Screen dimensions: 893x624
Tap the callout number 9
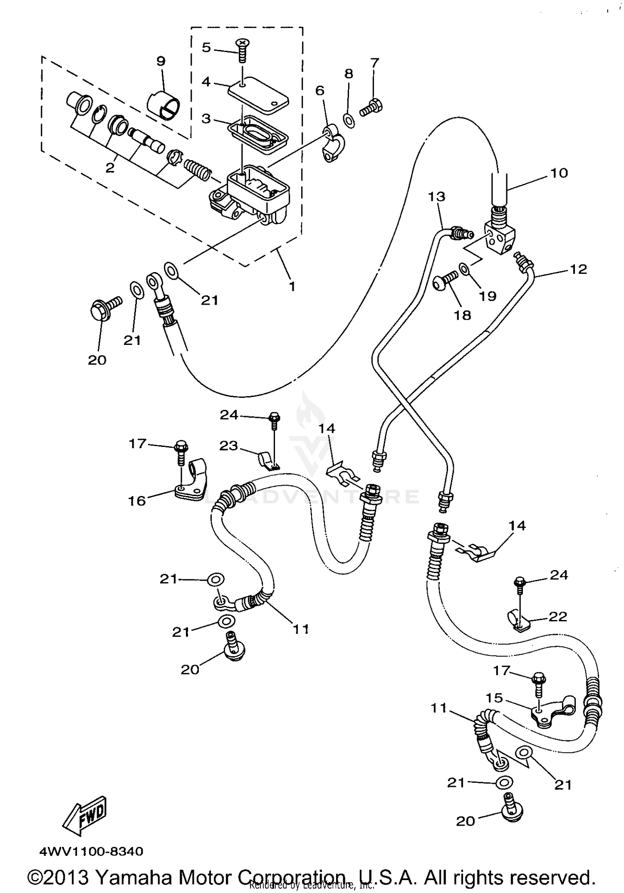coord(161,61)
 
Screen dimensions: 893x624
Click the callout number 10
coord(559,173)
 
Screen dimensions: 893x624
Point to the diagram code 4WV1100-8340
coord(91,851)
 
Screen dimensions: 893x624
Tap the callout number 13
coord(437,196)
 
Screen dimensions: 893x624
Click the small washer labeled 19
coord(464,269)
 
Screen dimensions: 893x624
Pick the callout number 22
coord(558,616)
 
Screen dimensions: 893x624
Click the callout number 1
coord(292,286)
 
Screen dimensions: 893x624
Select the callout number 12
coord(578,269)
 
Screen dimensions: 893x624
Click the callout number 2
coord(110,168)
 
